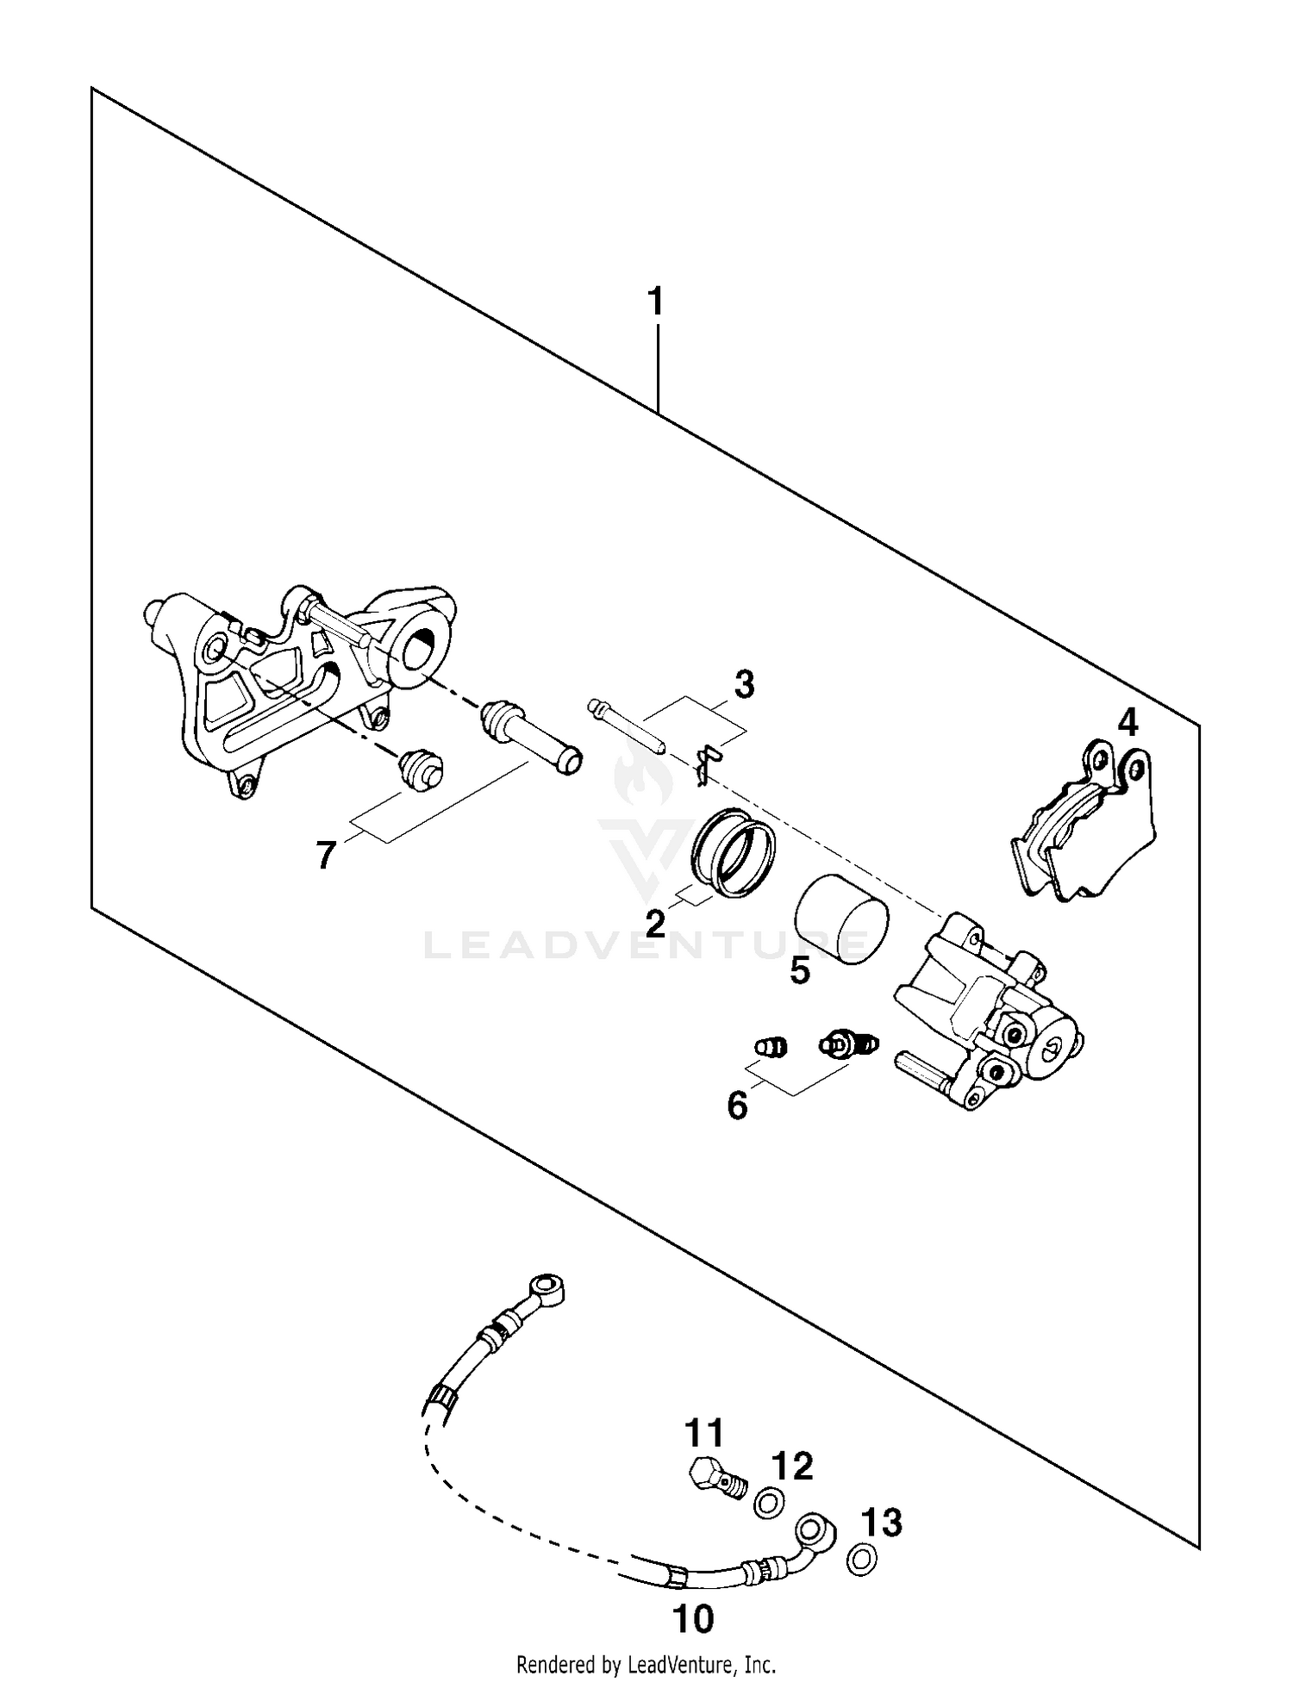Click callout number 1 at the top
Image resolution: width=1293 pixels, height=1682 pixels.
[656, 303]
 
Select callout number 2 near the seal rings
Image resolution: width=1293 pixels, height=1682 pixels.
[655, 924]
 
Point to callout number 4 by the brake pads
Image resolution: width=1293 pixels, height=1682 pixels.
[1127, 722]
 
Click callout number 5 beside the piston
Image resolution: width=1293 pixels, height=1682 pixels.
[800, 971]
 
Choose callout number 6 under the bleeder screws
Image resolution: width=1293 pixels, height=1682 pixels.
[737, 1106]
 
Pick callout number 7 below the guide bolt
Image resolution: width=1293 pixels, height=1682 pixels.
[325, 856]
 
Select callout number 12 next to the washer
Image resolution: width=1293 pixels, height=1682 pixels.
[792, 1466]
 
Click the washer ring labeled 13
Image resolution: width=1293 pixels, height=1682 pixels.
[861, 1558]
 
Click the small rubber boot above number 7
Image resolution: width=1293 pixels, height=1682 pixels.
[420, 768]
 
